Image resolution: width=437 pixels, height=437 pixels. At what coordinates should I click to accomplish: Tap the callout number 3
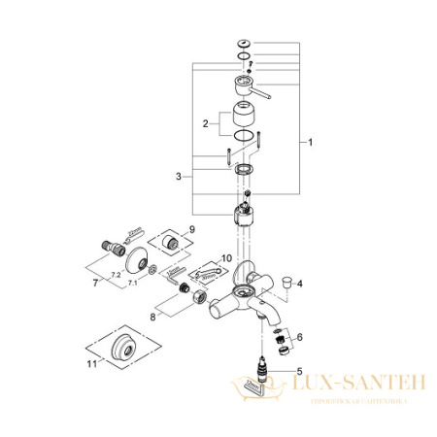[178, 176]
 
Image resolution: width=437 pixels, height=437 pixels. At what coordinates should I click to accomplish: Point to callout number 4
[301, 284]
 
